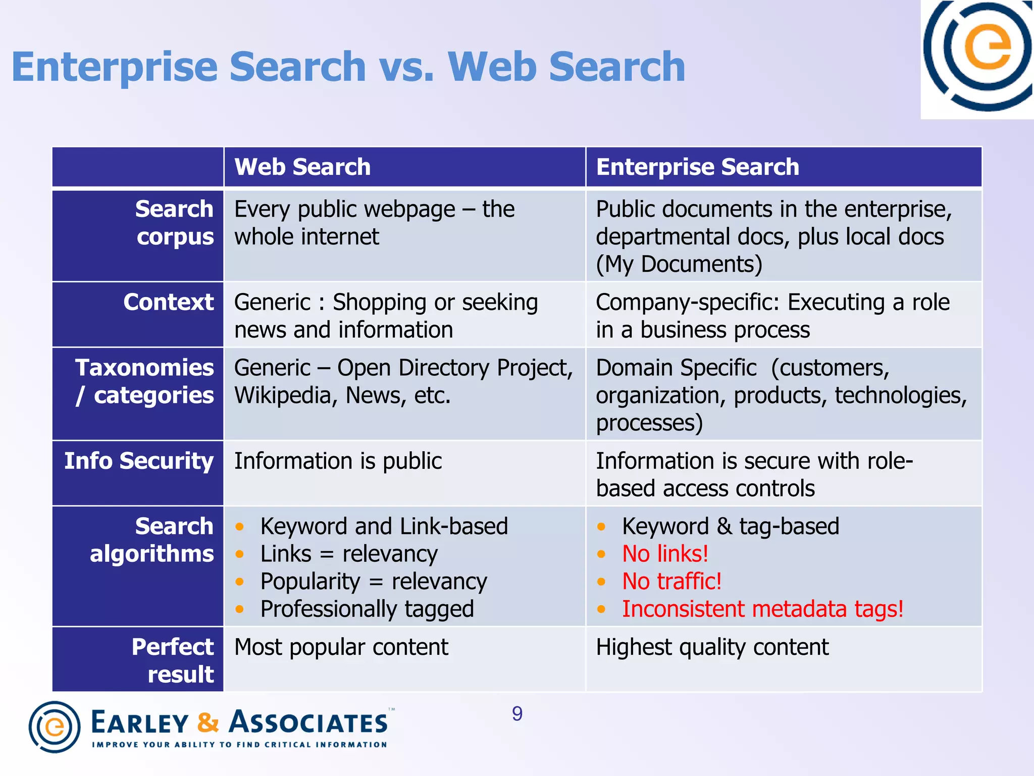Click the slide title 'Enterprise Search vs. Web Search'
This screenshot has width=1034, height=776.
(x=348, y=67)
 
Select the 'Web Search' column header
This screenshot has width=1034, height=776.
(x=302, y=167)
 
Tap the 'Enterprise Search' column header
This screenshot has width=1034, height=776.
(x=697, y=167)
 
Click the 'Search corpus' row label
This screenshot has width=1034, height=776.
(x=175, y=223)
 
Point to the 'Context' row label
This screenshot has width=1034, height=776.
(x=169, y=302)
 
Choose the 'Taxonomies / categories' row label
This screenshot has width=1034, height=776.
(x=145, y=381)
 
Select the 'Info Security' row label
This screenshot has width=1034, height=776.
(x=139, y=461)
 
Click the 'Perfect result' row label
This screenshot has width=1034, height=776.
(x=173, y=660)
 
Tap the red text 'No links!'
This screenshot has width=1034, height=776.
(x=665, y=554)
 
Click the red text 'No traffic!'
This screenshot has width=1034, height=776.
(x=671, y=581)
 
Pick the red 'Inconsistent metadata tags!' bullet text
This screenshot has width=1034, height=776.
(x=762, y=609)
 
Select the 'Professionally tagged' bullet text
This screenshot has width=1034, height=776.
(x=367, y=609)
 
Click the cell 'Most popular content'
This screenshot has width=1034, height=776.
(x=341, y=647)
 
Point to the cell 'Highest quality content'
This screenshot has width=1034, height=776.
(x=712, y=647)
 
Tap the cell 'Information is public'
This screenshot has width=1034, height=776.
(x=338, y=461)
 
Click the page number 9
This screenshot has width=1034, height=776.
(x=517, y=714)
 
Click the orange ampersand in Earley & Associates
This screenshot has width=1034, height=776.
(x=208, y=722)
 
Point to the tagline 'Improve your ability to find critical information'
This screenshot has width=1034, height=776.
(x=239, y=745)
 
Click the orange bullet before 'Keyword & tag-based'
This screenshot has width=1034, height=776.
(x=601, y=527)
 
